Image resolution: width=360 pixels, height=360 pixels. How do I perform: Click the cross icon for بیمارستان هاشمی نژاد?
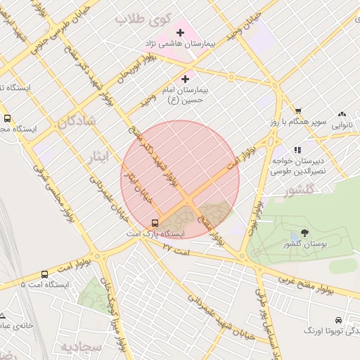point(181,32)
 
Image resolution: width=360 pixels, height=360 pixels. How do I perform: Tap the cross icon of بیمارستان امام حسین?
point(186,79)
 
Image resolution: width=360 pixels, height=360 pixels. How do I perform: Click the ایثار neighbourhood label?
point(101,155)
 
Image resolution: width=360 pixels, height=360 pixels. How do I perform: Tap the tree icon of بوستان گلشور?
point(304,233)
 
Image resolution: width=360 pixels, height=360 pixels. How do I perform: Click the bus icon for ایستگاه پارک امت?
point(155,223)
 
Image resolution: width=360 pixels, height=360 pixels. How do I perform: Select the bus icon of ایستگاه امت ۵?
point(45,275)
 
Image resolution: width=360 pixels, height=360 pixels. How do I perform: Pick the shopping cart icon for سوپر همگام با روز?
point(298,111)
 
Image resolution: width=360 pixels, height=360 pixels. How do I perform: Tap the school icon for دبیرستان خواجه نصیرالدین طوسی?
point(297,150)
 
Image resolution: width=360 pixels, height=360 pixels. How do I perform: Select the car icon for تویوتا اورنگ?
point(340,319)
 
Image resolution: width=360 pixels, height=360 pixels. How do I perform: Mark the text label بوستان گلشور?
point(304,244)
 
